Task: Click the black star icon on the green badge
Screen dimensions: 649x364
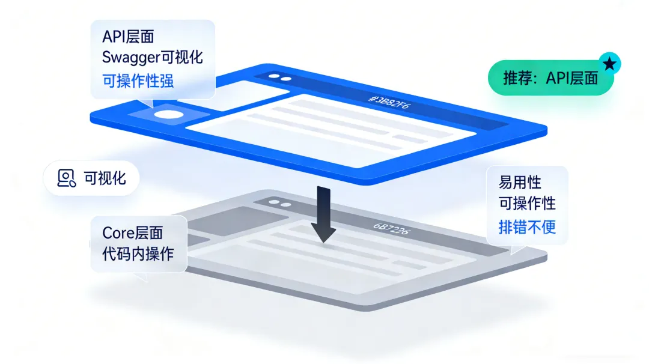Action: [x=609, y=63]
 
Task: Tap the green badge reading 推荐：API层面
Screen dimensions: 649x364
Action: [x=550, y=77]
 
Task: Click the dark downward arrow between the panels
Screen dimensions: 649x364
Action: [x=324, y=214]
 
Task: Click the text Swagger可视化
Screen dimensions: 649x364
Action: [x=153, y=58]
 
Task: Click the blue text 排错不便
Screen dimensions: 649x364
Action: [x=527, y=227]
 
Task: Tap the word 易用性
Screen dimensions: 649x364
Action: [x=516, y=181]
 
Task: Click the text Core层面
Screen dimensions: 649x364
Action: [x=132, y=232]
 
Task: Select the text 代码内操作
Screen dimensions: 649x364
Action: [x=138, y=253]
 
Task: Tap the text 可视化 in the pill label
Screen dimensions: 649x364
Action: [x=105, y=178]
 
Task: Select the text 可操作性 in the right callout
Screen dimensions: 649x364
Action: [x=527, y=204]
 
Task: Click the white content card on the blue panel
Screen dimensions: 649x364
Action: [x=328, y=129]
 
